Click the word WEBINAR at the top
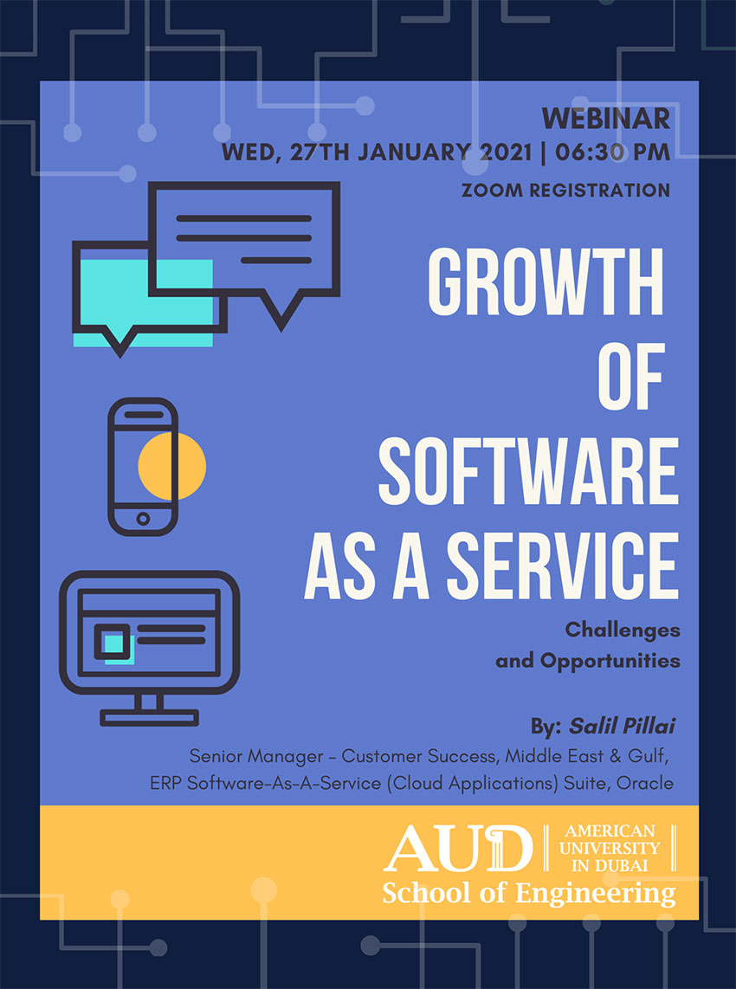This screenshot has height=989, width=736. tap(605, 119)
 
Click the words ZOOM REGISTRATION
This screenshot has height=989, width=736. tap(565, 190)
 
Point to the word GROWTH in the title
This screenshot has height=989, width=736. tap(546, 281)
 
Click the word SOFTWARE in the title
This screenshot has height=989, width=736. tap(528, 472)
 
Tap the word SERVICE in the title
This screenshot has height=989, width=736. tap(562, 566)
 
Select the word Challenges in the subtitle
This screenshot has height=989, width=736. tap(623, 630)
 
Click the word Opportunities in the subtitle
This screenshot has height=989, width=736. tap(610, 661)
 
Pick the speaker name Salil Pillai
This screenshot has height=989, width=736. tap(622, 726)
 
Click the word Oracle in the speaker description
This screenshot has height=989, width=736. tap(644, 783)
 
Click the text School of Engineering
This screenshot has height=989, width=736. tap(528, 894)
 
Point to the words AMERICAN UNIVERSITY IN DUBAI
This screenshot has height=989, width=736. tap(610, 848)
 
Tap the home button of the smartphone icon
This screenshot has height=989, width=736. tap(143, 519)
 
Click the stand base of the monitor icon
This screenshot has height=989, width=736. tap(150, 717)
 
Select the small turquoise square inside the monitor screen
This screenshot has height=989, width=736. tap(114, 643)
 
